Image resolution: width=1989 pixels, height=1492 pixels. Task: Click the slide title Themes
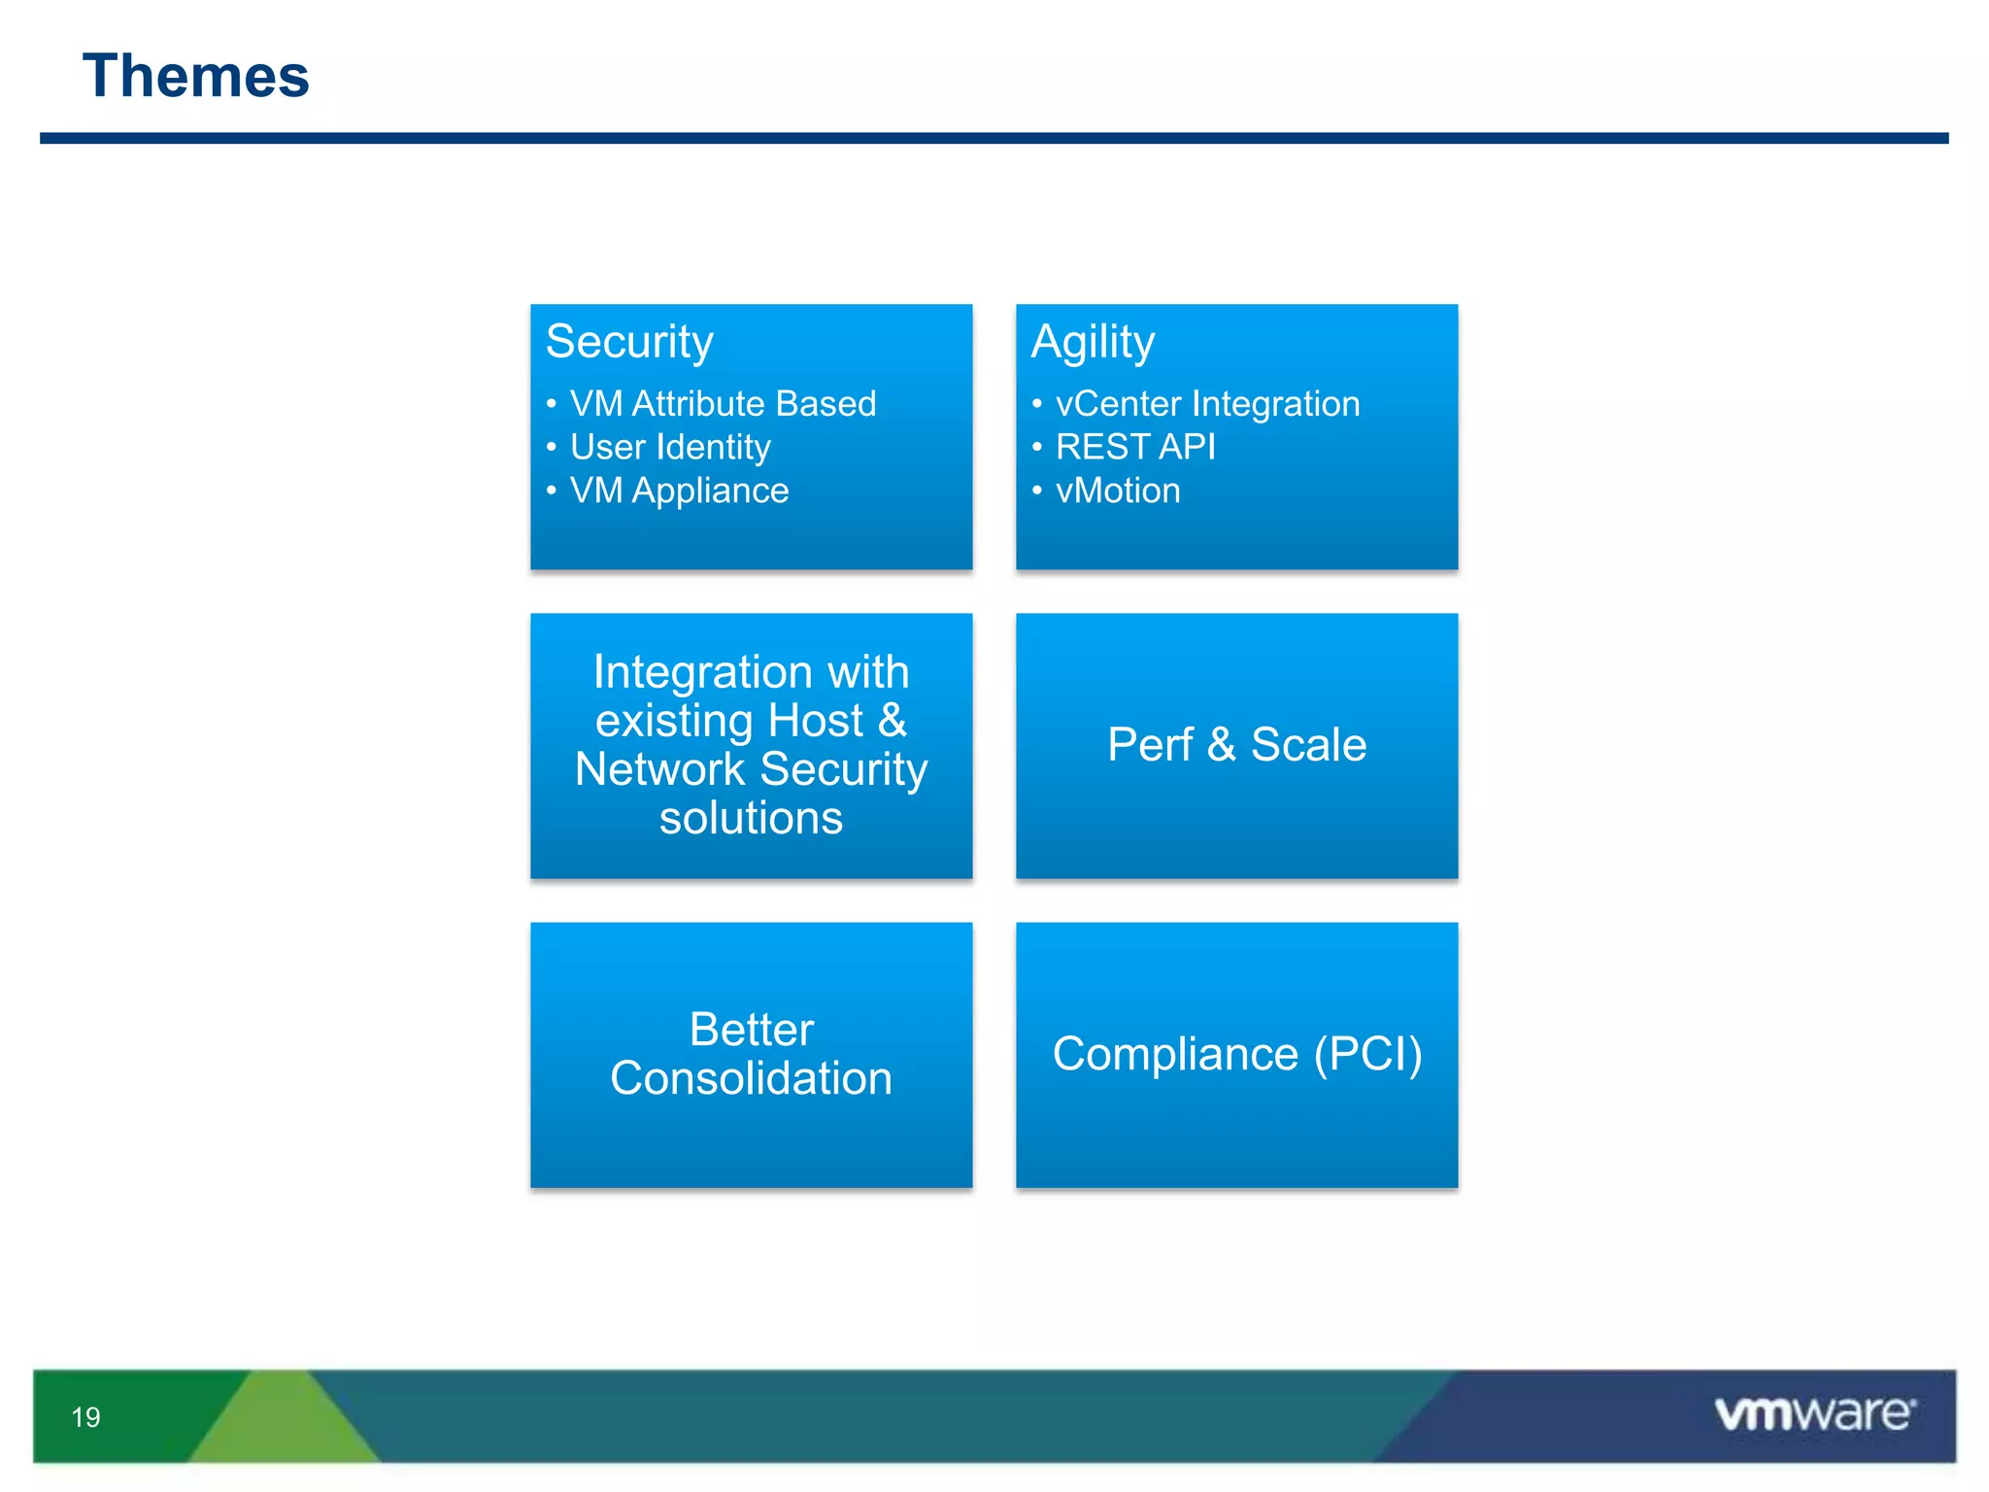coord(195,77)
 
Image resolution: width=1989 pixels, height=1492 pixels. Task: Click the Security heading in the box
coord(629,342)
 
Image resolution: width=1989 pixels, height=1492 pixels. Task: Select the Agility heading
coord(1093,342)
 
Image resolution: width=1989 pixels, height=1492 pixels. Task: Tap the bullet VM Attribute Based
coord(723,404)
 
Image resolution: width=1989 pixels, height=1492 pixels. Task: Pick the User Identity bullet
coord(670,447)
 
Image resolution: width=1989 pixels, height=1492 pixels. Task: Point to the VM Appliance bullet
coord(679,491)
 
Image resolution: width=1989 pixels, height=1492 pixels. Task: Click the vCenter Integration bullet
coord(1207,404)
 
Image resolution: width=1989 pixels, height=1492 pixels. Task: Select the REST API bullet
coord(1135,447)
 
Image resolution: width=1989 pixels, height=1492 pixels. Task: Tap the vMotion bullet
coord(1118,491)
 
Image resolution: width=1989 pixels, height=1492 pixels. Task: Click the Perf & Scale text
coord(1236,745)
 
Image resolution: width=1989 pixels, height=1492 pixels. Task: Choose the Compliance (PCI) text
coord(1236,1054)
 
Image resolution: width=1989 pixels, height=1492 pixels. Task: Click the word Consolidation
coord(751,1079)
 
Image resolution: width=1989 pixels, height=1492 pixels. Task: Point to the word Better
coord(751,1030)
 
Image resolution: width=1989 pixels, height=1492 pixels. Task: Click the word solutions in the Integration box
coord(751,818)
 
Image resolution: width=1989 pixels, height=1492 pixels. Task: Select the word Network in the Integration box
coord(659,769)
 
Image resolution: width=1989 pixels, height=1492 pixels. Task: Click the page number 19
coord(85,1417)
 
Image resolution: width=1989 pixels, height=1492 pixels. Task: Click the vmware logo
coord(1814,1414)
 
